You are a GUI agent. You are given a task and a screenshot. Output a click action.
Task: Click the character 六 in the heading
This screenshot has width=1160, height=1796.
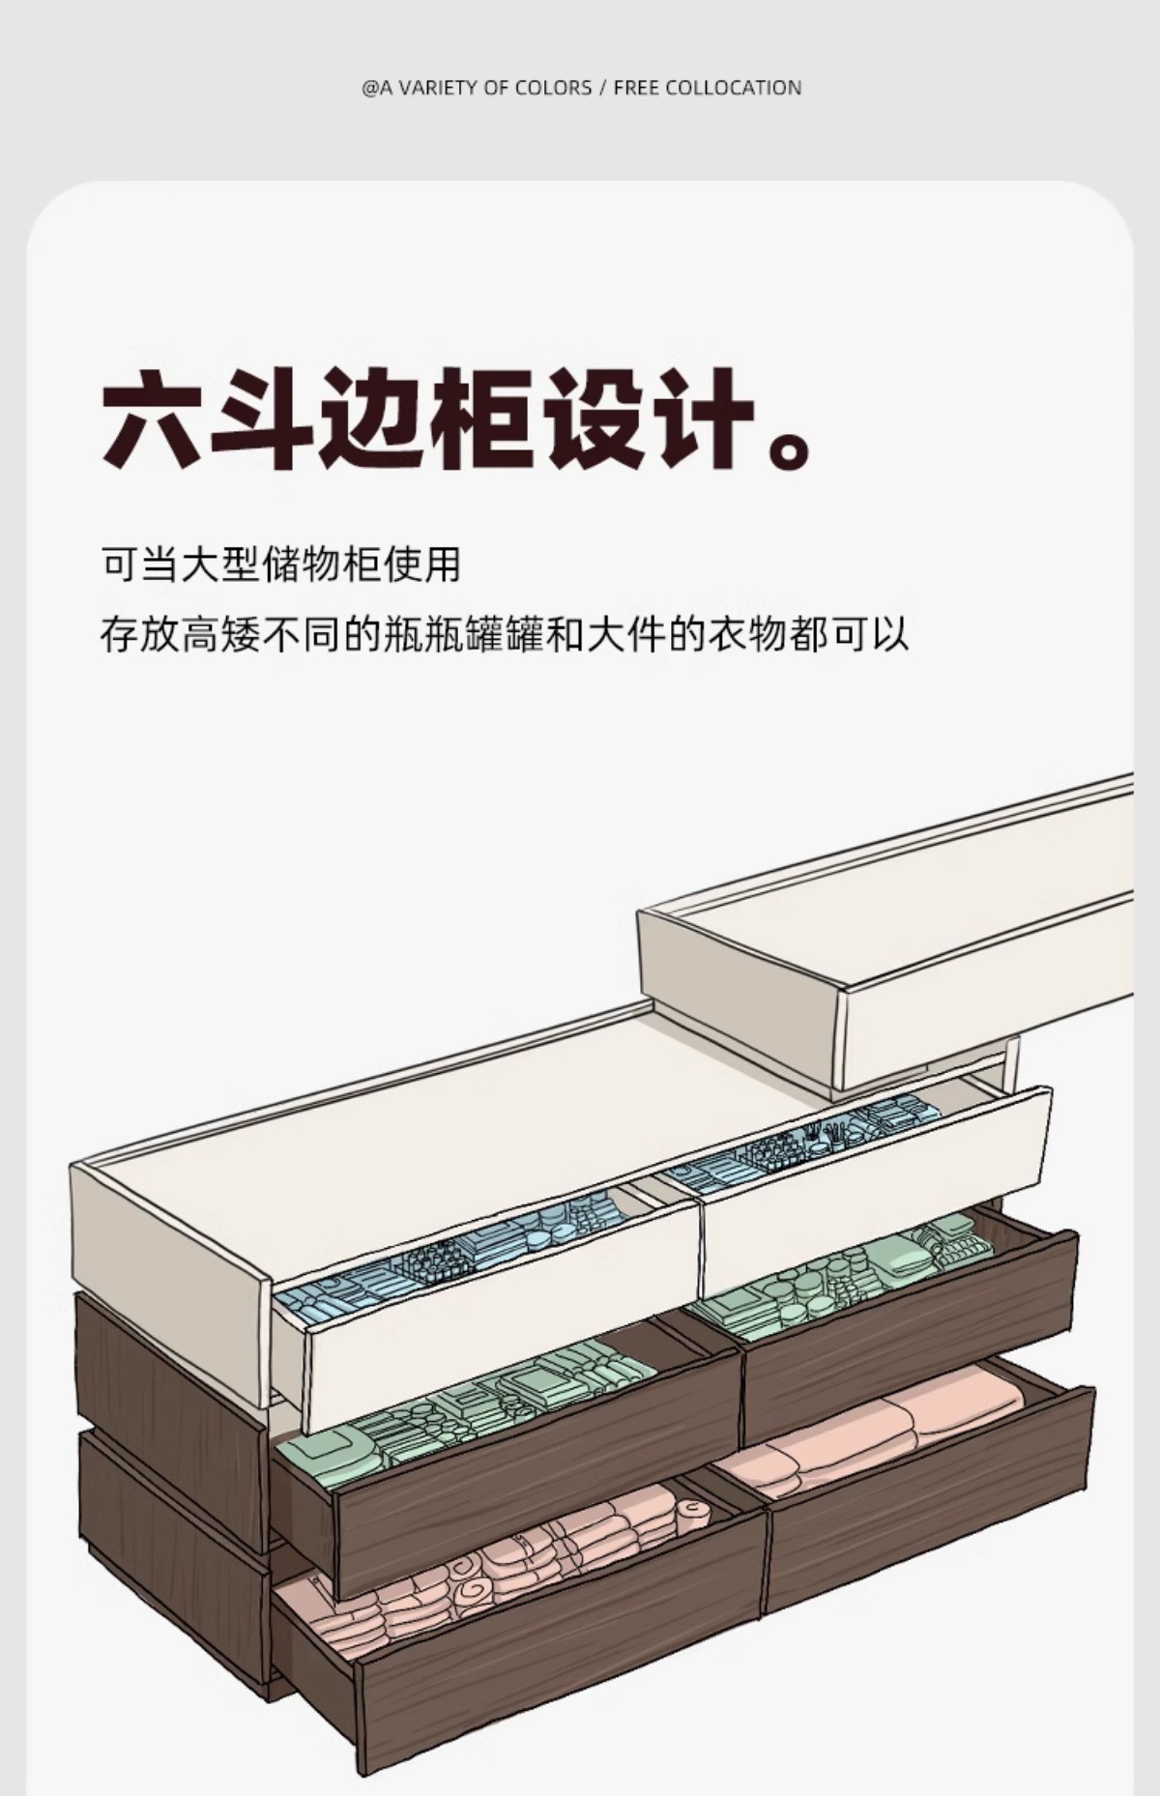pyautogui.click(x=155, y=420)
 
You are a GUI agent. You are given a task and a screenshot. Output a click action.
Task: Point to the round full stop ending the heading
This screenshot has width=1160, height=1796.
pyautogui.click(x=790, y=449)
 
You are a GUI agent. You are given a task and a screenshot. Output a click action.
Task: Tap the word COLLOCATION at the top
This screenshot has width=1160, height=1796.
pyautogui.click(x=734, y=88)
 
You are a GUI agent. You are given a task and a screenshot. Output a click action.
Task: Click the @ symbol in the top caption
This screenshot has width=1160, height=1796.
pyautogui.click(x=370, y=88)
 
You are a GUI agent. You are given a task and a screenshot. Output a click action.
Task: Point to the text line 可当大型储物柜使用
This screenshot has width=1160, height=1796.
pyautogui.click(x=280, y=565)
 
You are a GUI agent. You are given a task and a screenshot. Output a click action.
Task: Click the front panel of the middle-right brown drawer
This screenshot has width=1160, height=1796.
pyautogui.click(x=909, y=1334)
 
